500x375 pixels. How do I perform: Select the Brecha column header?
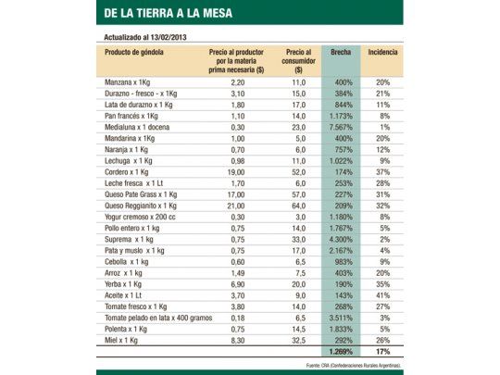340,56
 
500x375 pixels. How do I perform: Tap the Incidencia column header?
382,56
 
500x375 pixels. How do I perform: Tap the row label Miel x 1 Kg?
126,339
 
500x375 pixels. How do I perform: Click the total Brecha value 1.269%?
340,352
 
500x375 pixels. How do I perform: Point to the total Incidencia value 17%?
382,352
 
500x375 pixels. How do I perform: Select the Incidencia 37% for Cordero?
382,171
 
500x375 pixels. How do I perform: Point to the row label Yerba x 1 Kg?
125,283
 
